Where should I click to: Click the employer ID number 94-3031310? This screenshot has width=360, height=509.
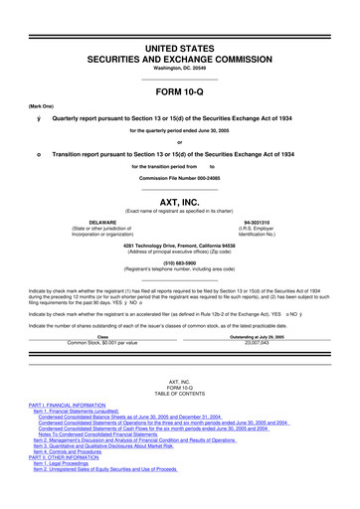click(259, 224)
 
